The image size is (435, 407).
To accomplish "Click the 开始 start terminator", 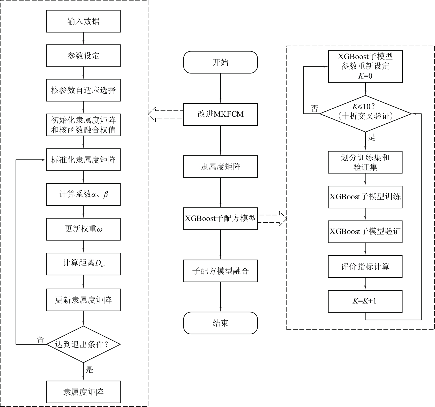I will click(220, 62).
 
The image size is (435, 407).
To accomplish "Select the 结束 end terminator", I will click(220, 323).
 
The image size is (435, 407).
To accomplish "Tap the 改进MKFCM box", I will click(220, 114).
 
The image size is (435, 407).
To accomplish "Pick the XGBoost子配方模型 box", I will click(220, 218).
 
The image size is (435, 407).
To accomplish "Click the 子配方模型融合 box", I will click(220, 271).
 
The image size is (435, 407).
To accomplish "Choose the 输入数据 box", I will click(83, 21).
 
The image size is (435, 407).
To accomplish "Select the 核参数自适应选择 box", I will click(83, 90).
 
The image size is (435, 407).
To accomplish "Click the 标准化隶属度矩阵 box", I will click(83, 160).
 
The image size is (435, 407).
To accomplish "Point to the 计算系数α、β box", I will click(83, 194).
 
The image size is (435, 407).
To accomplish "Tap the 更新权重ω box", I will click(83, 229).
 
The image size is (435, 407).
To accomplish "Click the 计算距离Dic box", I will click(83, 264).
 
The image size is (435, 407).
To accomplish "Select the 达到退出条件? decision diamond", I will click(83, 344).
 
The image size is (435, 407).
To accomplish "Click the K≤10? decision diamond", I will click(365, 114).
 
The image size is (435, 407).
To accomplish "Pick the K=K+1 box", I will click(365, 301).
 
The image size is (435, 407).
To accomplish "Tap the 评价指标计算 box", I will click(365, 266).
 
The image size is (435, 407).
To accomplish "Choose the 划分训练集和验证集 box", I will click(365, 162).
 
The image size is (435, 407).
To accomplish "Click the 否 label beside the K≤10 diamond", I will click(314, 109).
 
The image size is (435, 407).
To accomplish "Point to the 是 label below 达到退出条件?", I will click(89, 370).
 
